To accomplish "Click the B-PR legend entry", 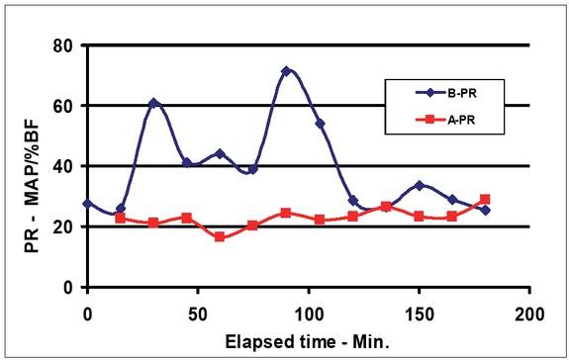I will tap(452, 93).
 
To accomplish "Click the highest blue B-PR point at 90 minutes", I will tap(286, 71).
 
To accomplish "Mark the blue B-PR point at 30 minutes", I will tap(153, 103).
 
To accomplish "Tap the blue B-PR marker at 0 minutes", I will tap(87, 204).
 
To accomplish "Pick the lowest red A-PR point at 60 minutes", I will tap(220, 237).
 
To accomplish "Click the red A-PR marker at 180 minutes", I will tap(485, 199).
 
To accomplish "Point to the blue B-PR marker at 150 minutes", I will tap(419, 186).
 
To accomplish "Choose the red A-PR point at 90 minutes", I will tap(286, 213).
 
